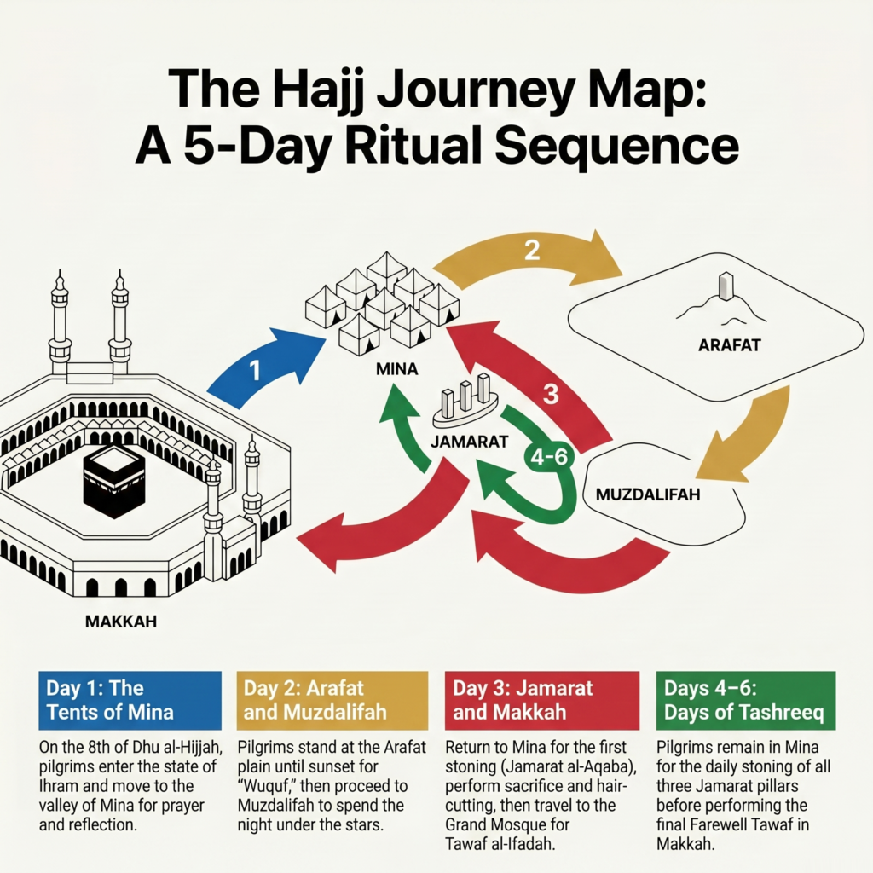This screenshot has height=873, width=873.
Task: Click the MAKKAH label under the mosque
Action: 121,622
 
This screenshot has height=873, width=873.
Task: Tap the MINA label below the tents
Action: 397,368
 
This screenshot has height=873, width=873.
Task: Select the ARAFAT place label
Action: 730,345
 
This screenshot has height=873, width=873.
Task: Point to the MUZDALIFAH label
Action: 648,494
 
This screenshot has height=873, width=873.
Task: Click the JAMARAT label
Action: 470,442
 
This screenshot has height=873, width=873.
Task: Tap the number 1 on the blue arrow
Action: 255,371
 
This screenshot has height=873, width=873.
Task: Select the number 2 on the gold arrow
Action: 532,250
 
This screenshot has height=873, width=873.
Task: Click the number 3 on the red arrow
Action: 551,394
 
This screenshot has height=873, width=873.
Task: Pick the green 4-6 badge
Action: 548,457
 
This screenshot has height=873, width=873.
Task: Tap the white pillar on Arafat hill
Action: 726,286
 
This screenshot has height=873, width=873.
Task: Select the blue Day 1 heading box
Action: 130,701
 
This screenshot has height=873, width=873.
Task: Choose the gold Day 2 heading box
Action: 332,701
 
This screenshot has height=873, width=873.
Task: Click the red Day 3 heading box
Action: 541,701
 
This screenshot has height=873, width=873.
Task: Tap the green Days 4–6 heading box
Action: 746,701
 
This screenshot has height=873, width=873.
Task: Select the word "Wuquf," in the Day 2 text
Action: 266,786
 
